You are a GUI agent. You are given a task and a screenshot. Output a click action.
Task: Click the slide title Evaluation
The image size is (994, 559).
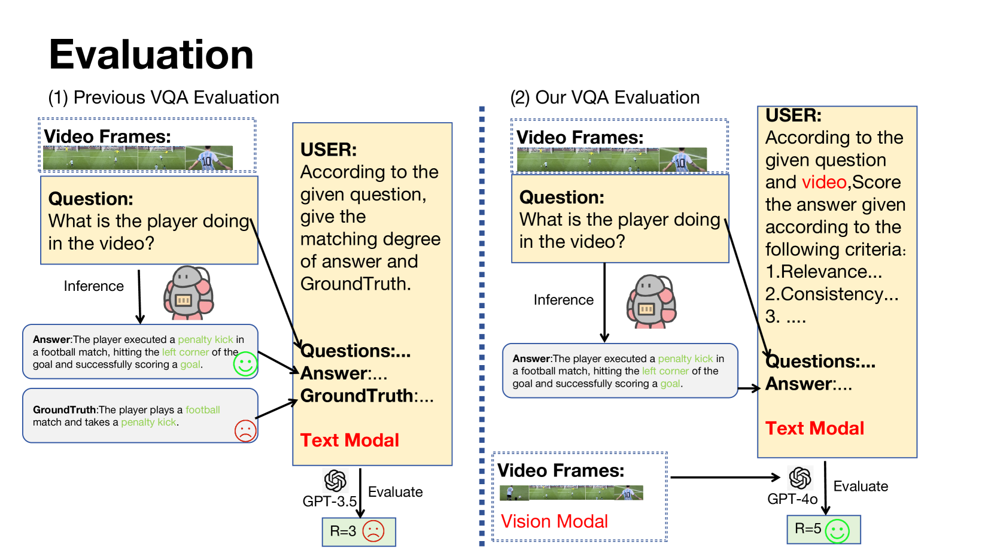pyautogui.click(x=151, y=55)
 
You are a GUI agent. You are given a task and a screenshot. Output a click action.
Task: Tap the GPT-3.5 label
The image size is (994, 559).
pyautogui.click(x=329, y=501)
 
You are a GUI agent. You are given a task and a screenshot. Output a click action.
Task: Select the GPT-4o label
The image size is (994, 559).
pyautogui.click(x=792, y=499)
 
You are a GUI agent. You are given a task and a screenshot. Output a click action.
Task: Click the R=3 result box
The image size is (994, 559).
pyautogui.click(x=358, y=531)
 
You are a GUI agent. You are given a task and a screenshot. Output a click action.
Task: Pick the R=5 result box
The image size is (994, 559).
pyautogui.click(x=823, y=529)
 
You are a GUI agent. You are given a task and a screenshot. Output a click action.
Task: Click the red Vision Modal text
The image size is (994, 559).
pyautogui.click(x=554, y=521)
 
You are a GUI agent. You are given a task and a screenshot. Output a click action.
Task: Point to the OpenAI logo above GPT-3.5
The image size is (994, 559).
pyautogui.click(x=335, y=480)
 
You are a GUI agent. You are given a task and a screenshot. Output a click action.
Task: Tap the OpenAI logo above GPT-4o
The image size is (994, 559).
pyautogui.click(x=800, y=478)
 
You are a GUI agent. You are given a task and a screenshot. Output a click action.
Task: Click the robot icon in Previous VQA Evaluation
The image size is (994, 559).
pyautogui.click(x=188, y=293)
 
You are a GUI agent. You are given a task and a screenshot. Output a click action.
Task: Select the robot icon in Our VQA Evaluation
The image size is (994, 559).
pyautogui.click(x=651, y=301)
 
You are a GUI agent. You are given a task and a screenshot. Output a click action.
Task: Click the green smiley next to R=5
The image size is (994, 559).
pyautogui.click(x=837, y=530)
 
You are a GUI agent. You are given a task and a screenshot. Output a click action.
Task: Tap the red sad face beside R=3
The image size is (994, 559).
pyautogui.click(x=373, y=531)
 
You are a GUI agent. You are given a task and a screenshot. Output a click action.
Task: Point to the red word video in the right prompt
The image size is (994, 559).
pyautogui.click(x=824, y=182)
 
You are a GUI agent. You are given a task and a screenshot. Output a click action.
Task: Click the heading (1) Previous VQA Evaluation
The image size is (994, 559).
pyautogui.click(x=163, y=98)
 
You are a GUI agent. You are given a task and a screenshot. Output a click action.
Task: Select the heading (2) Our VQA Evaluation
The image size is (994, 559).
pyautogui.click(x=604, y=98)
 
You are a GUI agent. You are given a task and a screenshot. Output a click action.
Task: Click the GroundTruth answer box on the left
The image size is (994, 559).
pyautogui.click(x=140, y=416)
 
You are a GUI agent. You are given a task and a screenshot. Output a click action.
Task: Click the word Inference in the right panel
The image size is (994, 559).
pyautogui.click(x=563, y=300)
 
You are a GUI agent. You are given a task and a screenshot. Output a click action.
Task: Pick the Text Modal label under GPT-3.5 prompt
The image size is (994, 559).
pyautogui.click(x=349, y=440)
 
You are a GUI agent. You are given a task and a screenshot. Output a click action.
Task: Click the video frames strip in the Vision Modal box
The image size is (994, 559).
pyautogui.click(x=571, y=493)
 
